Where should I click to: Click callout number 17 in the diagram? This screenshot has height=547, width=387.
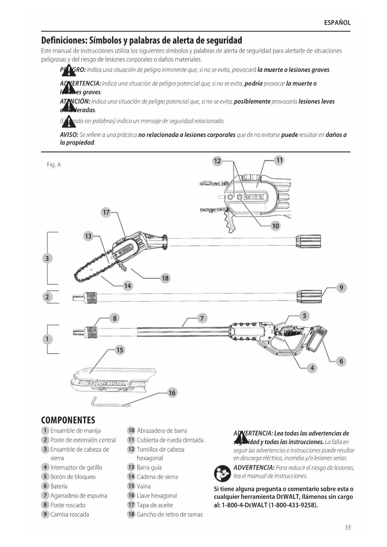click(x=106, y=212)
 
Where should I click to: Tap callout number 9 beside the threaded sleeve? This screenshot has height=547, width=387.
click(x=341, y=288)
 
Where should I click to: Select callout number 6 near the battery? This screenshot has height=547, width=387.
click(x=341, y=361)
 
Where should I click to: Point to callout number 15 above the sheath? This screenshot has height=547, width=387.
click(x=120, y=350)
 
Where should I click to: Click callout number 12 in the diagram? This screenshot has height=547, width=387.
click(x=217, y=161)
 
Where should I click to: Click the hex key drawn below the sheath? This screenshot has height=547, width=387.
click(x=109, y=402)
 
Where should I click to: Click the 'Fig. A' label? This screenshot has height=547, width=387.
click(x=54, y=165)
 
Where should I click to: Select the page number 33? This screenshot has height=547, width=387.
click(x=348, y=527)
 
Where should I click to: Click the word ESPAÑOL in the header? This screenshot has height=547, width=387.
click(x=337, y=23)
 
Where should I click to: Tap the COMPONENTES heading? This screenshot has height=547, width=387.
click(x=68, y=420)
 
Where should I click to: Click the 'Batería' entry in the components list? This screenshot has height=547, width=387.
click(x=59, y=486)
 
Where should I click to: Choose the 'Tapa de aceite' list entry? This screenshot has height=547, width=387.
click(x=155, y=505)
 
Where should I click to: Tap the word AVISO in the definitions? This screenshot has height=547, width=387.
click(x=69, y=135)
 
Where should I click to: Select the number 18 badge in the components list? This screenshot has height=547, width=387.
click(x=131, y=514)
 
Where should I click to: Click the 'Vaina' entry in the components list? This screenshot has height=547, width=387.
click(x=143, y=486)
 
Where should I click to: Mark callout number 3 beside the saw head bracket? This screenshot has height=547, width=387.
click(x=47, y=258)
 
